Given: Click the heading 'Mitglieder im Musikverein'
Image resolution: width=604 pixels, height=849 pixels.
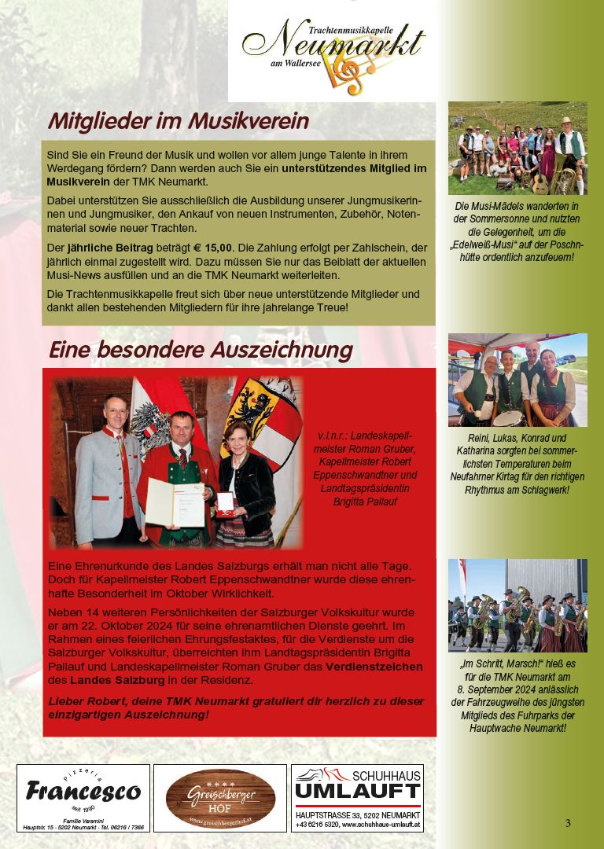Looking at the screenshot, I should pyautogui.click(x=178, y=121).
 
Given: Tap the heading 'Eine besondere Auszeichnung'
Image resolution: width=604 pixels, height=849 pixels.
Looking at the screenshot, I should pyautogui.click(x=201, y=349).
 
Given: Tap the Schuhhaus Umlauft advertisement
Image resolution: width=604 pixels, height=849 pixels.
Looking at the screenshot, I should pyautogui.click(x=357, y=797).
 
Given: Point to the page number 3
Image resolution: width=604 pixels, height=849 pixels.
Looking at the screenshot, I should pyautogui.click(x=568, y=823).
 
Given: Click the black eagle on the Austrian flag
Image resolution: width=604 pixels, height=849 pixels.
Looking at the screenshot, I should pyautogui.click(x=149, y=421).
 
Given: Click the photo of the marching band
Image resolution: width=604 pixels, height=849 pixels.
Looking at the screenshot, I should pyautogui.click(x=517, y=605).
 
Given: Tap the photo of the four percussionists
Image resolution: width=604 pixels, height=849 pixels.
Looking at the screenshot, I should pyautogui.click(x=517, y=380).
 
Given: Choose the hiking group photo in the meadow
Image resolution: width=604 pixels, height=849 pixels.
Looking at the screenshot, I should pyautogui.click(x=517, y=148).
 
